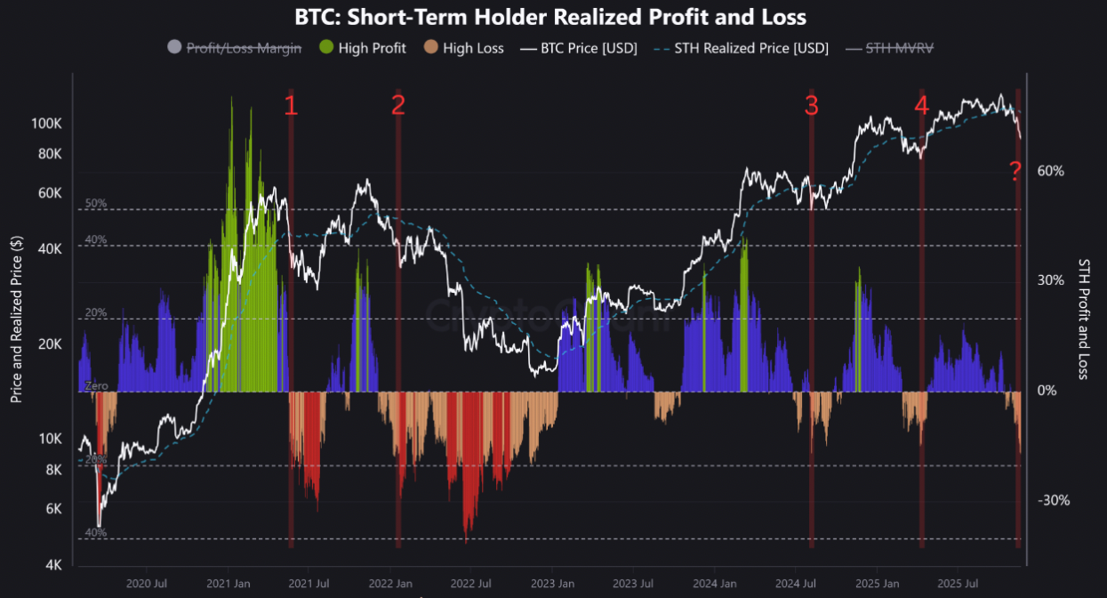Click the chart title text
pyautogui.click(x=551, y=17)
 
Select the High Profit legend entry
pyautogui.click(x=362, y=48)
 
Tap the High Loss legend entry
pyautogui.click(x=463, y=48)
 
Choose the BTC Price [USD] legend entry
pyautogui.click(x=581, y=48)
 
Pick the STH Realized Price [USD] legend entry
pyautogui.click(x=742, y=48)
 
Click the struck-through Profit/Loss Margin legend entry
pyautogui.click(x=234, y=48)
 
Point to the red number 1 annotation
pyautogui.click(x=291, y=106)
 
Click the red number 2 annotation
pyautogui.click(x=397, y=106)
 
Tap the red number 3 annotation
pyautogui.click(x=811, y=106)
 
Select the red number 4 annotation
pyautogui.click(x=921, y=106)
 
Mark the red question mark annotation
pyautogui.click(x=1015, y=172)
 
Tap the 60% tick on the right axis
pyautogui.click(x=1050, y=171)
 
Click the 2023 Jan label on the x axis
pyautogui.click(x=553, y=584)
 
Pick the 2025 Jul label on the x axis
pyautogui.click(x=957, y=584)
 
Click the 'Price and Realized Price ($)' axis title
pyautogui.click(x=16, y=319)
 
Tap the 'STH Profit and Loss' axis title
pyautogui.click(x=1083, y=319)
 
